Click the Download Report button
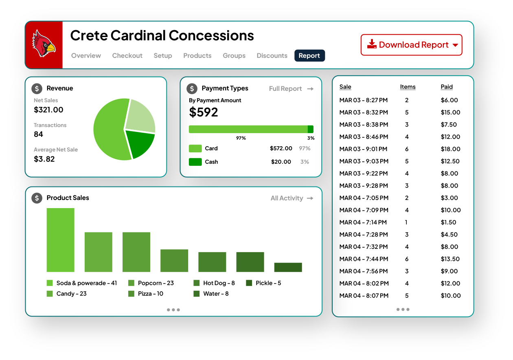coord(411,45)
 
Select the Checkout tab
coord(127,56)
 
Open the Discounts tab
coord(272,56)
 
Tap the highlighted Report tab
coord(309,56)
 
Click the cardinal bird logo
coord(44,44)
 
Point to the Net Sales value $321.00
coord(48,110)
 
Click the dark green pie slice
coord(140,144)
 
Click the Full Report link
coord(291,89)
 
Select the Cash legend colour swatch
coord(195,162)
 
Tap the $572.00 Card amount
coord(281,148)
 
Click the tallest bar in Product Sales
coord(60,240)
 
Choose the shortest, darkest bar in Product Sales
coord(288,267)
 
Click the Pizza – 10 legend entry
coord(146,294)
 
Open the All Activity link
coord(292,198)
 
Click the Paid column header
coord(447,87)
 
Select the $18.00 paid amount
coord(450,149)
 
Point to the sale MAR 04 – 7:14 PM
coord(363,222)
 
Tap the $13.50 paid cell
coord(450,259)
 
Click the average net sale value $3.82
coord(44,159)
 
